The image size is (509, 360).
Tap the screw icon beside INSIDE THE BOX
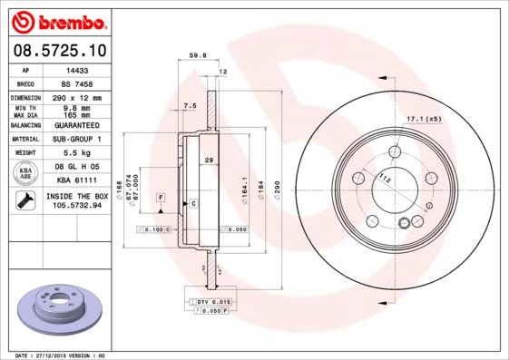pyautogui.click(x=24, y=201)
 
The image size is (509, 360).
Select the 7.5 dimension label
pyautogui.click(x=190, y=106)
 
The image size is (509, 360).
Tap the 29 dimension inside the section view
pyautogui.click(x=209, y=160)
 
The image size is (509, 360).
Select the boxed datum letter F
pyautogui.click(x=161, y=197)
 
